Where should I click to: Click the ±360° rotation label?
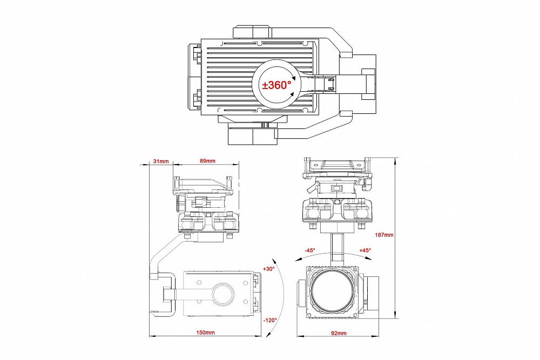point(276,85)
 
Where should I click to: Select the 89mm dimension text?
point(207,161)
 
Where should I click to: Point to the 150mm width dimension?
point(206,333)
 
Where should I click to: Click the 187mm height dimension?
point(384,235)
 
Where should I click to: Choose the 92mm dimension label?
point(339,333)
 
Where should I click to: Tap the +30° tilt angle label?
point(268,268)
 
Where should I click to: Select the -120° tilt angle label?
point(270,320)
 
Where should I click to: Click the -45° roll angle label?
point(309,250)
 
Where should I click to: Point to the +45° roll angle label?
point(365,250)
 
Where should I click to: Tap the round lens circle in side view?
point(222,294)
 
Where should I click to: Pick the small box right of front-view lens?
point(375,294)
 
